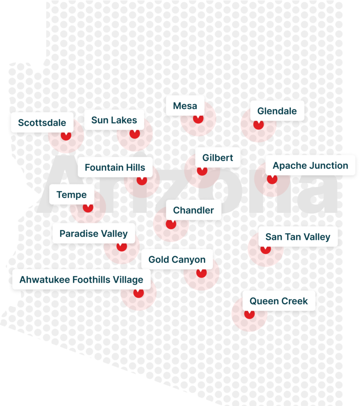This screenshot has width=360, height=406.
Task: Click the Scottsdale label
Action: [x=42, y=123]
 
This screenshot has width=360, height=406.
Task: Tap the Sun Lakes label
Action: [x=114, y=120]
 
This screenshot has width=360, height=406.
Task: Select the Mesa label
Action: [x=185, y=106]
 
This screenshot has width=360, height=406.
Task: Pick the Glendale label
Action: [x=277, y=111]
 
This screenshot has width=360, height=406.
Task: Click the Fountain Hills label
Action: [x=115, y=167]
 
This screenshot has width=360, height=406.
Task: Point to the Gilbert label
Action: [x=217, y=158]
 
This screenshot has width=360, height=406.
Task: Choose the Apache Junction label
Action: [x=310, y=166]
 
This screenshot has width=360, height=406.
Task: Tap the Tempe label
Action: [x=71, y=195]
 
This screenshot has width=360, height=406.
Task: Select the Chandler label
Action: [x=193, y=210]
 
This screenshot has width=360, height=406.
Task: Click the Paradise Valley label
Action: [x=93, y=234]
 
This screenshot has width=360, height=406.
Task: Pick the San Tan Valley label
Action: [x=297, y=237]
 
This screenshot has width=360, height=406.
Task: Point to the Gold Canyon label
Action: [x=177, y=259]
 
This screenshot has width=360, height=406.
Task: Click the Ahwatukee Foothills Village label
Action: [x=81, y=280]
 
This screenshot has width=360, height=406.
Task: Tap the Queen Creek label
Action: [x=279, y=301]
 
